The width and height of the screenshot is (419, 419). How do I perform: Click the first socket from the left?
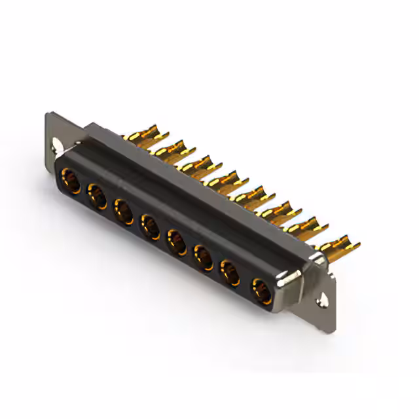[x=70, y=180]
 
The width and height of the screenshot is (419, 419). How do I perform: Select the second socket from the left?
[x=97, y=195]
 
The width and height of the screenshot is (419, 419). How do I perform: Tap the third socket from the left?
[x=124, y=211]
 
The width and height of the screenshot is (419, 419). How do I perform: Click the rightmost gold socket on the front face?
[x=261, y=289]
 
